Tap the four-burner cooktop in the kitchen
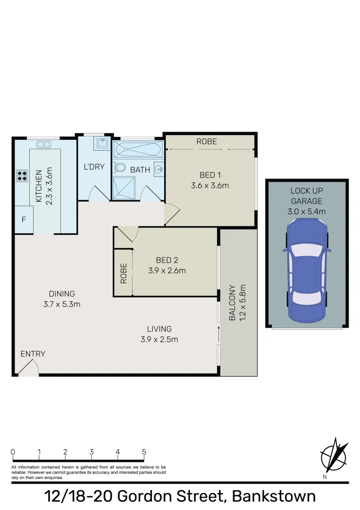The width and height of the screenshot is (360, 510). pos(22,176)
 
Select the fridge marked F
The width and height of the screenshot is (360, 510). pos(24,220)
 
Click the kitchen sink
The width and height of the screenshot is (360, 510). pos(43,144)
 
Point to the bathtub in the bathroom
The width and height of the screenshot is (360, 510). pos(138,149)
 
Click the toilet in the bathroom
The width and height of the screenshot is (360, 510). pos(119,167)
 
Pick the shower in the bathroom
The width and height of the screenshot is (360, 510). pos(124,188)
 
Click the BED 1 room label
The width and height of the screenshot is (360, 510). pos(210,175)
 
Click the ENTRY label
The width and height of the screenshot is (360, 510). pos(33,354)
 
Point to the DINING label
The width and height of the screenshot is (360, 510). pos(62,294)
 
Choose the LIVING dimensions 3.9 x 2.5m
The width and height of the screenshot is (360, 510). pos(159,339)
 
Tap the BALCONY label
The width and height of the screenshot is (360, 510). pos(232,303)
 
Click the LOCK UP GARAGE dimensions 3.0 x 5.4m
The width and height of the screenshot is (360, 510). pos(307,212)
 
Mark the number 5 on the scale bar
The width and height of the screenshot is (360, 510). pos(144,451)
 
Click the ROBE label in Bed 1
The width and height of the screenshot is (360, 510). pos(207,141)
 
